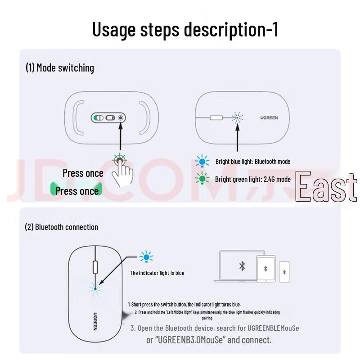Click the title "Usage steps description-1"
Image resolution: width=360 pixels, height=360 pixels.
(x=185, y=29)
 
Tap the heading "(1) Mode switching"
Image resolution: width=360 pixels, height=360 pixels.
(x=60, y=68)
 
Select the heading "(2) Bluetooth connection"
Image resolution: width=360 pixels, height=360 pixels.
(x=61, y=227)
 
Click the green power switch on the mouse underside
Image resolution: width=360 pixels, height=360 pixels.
(x=98, y=118)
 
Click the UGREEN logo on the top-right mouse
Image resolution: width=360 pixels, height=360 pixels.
(x=269, y=118)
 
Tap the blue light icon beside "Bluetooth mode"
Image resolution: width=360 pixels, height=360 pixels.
(x=202, y=162)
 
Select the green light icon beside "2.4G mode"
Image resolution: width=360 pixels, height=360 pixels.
(x=202, y=179)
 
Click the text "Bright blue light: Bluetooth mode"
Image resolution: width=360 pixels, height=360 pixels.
(x=252, y=162)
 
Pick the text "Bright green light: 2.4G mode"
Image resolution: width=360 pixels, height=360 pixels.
(x=252, y=179)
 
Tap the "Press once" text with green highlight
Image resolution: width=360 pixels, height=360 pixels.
(x=77, y=191)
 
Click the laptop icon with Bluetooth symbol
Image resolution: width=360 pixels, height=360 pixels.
(x=242, y=266)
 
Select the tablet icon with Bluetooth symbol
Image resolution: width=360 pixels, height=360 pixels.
(x=265, y=269)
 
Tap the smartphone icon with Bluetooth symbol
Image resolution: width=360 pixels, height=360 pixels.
(x=284, y=272)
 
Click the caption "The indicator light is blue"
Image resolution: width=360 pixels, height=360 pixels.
(x=157, y=273)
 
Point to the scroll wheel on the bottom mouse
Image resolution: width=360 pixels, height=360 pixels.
(x=95, y=266)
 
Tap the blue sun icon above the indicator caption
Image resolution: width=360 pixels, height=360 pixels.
(x=146, y=257)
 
